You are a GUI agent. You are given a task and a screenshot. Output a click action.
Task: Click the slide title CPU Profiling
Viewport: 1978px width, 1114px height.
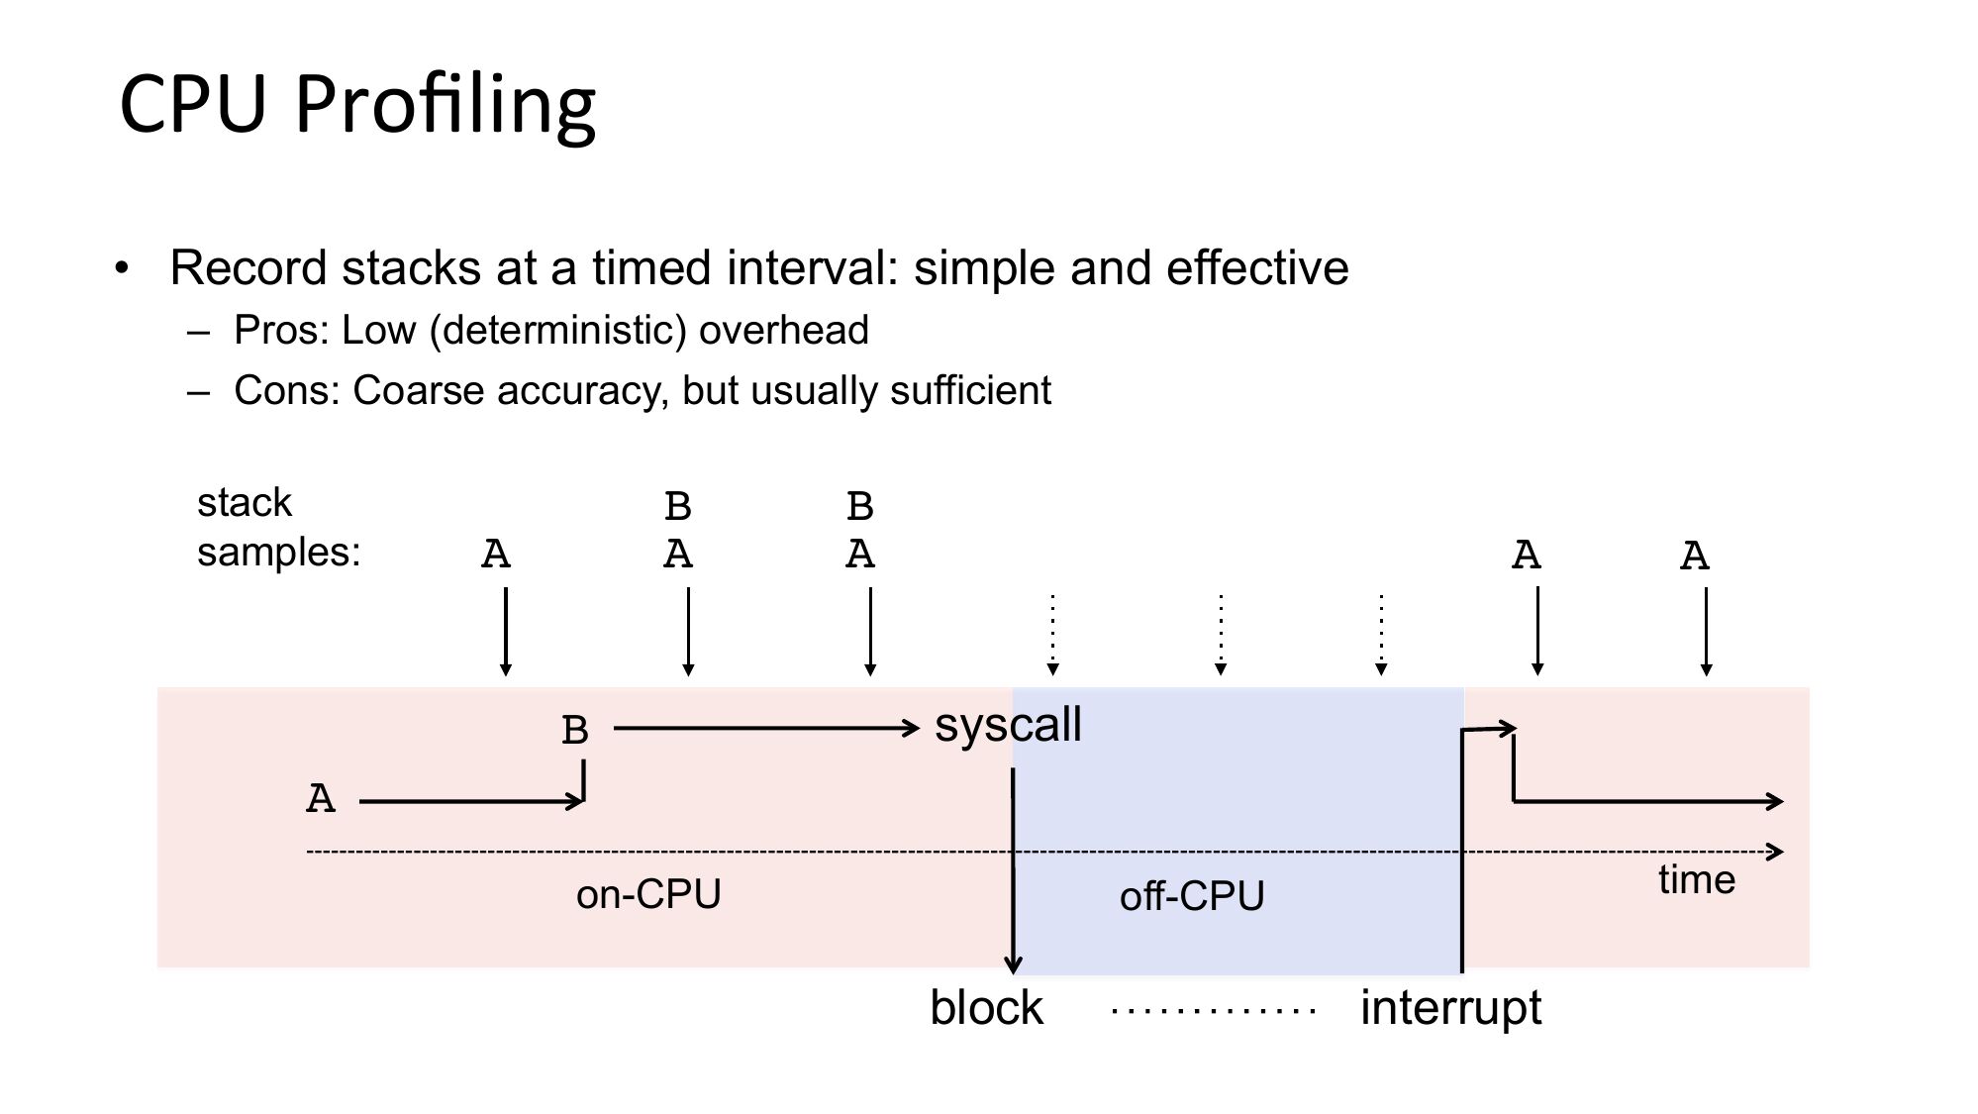[357, 106]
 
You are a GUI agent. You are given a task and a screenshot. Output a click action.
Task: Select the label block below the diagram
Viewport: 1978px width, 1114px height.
[986, 1008]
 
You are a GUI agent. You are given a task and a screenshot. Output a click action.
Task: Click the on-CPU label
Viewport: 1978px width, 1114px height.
[648, 894]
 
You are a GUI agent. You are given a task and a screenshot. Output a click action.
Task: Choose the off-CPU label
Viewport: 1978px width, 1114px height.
[1192, 896]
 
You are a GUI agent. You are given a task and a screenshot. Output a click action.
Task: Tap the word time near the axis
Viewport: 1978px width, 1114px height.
[1697, 879]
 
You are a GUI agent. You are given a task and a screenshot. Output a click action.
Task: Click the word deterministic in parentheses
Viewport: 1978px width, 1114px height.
[557, 331]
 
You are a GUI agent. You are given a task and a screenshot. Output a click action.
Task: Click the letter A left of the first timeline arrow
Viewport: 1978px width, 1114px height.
[321, 798]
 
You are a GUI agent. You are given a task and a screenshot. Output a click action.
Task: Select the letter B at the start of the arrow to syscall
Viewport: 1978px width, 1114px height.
[575, 731]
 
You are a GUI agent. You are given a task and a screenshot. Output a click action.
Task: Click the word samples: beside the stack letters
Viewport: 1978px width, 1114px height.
[279, 553]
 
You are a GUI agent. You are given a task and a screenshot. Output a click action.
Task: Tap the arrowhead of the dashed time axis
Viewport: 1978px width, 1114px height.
[1776, 852]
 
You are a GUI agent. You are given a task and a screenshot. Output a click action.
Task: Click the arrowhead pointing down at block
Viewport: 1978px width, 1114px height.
[1013, 964]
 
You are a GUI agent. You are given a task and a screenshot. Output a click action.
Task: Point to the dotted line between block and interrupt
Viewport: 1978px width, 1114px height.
[1214, 1011]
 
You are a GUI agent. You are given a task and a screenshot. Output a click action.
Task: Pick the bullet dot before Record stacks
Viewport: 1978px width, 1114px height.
[122, 268]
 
